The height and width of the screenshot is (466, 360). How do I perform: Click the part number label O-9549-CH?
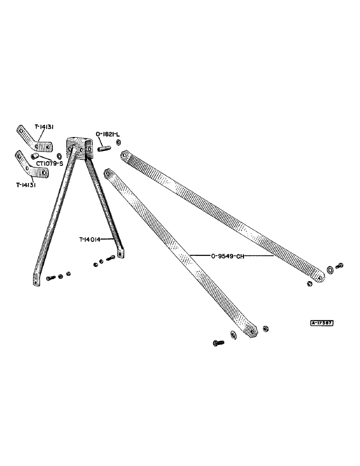229,255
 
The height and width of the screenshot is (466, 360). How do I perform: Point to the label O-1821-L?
107,135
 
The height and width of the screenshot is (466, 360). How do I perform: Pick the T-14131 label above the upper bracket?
46,126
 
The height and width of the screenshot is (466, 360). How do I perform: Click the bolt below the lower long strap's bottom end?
218,343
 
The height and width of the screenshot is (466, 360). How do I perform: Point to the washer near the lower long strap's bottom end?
233,335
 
